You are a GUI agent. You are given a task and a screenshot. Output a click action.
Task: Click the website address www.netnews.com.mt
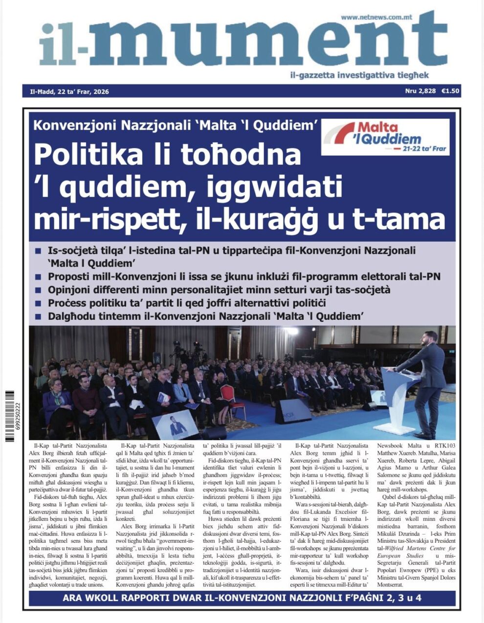click(x=376, y=17)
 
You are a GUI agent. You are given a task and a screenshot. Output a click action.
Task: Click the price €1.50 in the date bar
click(x=450, y=91)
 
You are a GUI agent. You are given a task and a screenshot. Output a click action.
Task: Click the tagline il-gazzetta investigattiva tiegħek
click(x=359, y=75)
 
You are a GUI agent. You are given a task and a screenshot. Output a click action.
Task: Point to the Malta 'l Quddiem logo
click(x=386, y=137)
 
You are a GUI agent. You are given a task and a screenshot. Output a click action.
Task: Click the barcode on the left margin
click(x=9, y=416)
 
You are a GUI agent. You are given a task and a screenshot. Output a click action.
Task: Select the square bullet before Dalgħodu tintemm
click(x=38, y=316)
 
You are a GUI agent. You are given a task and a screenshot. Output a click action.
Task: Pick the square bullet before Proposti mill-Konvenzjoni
click(x=38, y=277)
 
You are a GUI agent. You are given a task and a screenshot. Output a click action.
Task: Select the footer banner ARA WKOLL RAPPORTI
click(x=242, y=598)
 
